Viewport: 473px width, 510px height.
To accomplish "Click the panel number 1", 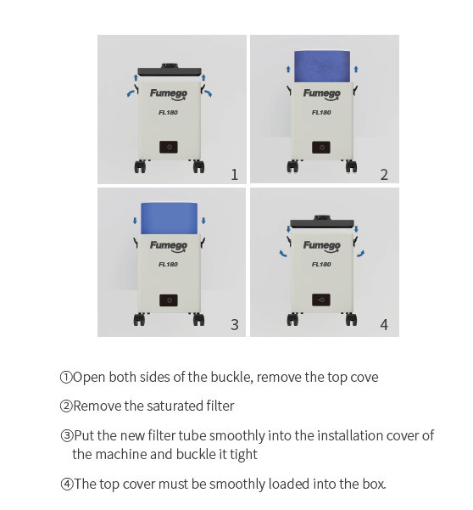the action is (x=234, y=175).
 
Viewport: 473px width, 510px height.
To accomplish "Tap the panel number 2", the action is (x=384, y=175).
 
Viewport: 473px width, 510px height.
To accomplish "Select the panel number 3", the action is (x=235, y=325).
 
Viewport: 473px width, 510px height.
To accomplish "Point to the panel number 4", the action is (x=384, y=325).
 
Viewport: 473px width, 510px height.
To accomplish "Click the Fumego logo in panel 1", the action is (x=169, y=94).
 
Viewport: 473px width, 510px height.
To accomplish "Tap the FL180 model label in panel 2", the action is (x=321, y=113).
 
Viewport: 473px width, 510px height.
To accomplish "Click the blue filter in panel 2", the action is (x=322, y=66).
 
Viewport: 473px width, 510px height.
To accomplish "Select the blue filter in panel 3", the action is (x=170, y=219).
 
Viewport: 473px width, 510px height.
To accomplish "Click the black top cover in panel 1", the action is (x=170, y=71).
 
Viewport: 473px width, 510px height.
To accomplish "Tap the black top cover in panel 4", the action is (x=322, y=221).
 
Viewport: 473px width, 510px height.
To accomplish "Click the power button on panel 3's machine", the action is (x=169, y=300).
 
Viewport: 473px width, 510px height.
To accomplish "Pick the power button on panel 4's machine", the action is (x=321, y=300).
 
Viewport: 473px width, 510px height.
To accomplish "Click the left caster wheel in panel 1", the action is (x=141, y=166).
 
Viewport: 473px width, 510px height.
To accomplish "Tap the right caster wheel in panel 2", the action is (x=352, y=166).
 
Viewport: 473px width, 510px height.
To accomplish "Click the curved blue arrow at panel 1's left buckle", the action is (x=131, y=93).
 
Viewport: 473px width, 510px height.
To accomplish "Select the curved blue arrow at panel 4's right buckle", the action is (x=361, y=254).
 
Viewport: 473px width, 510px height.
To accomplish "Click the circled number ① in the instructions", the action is (x=66, y=378).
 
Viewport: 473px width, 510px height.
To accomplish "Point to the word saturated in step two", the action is (x=175, y=406).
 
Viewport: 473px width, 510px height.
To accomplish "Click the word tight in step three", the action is (x=244, y=454).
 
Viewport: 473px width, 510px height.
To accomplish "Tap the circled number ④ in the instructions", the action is (x=67, y=484).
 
